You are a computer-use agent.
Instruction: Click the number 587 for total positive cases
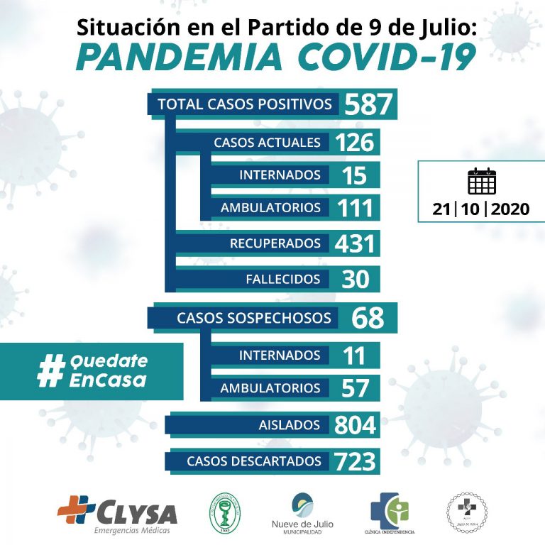368,104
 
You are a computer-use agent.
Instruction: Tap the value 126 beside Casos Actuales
355,142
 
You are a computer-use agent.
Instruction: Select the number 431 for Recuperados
355,243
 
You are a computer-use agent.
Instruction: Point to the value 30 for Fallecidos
355,279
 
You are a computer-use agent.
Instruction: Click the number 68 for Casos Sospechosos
368,317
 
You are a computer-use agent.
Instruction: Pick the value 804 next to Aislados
355,425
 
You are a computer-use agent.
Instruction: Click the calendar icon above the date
482,182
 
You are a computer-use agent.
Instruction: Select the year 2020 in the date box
510,210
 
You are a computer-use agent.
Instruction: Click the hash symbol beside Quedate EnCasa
50,371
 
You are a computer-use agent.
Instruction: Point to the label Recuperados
275,243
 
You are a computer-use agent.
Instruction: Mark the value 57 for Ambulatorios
355,388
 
